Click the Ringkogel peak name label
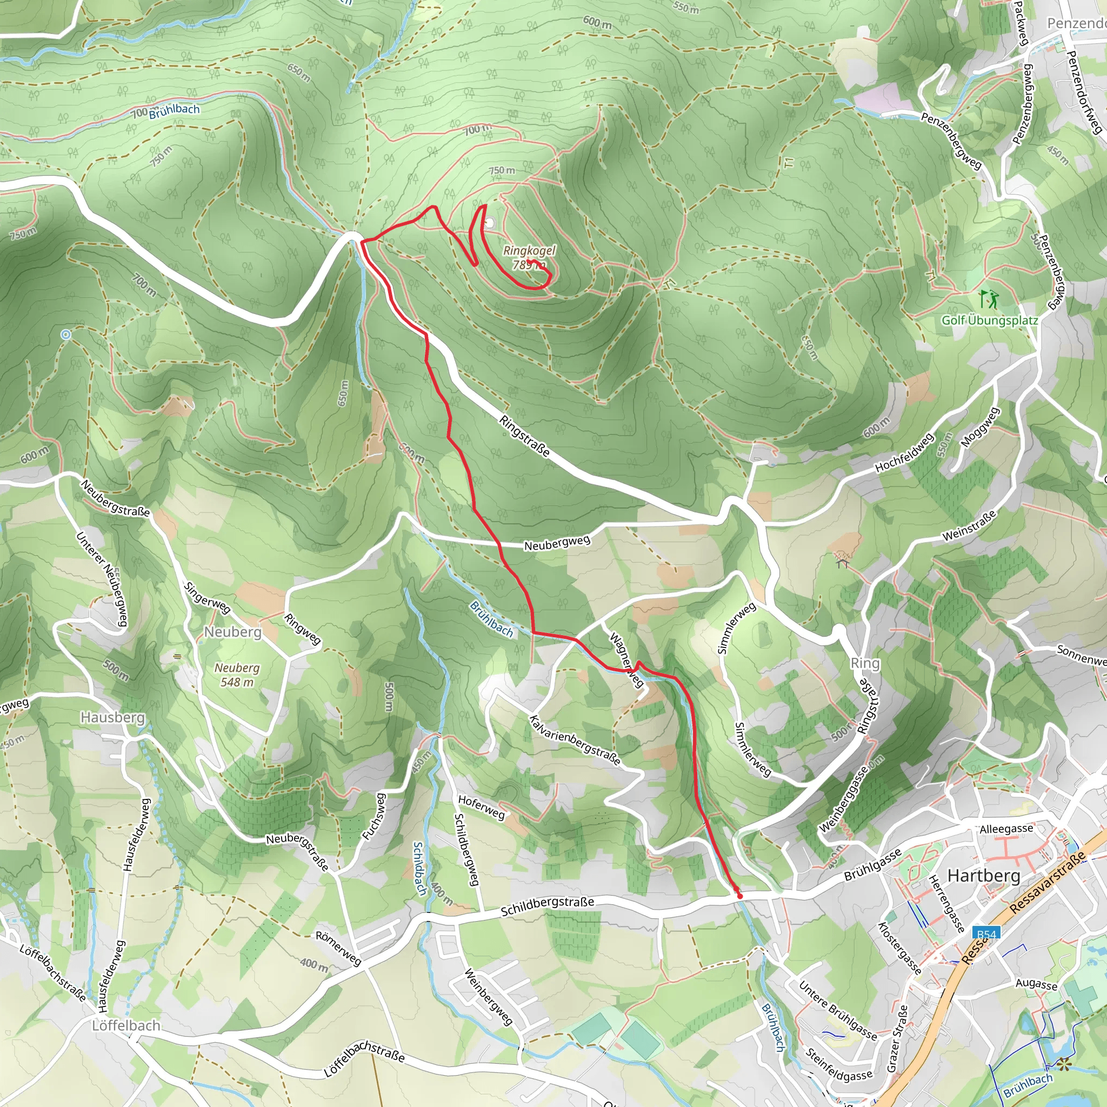529,250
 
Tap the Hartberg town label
983,876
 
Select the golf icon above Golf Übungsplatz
989,299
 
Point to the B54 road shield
985,934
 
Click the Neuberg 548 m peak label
237,675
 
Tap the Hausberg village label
113,717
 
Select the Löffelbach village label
126,1025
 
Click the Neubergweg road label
557,543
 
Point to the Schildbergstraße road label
547,906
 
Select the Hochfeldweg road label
904,452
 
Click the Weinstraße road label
970,526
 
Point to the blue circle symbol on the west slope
66,335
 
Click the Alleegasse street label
1006,829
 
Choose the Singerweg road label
207,598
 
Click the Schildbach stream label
420,868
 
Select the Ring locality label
865,663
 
